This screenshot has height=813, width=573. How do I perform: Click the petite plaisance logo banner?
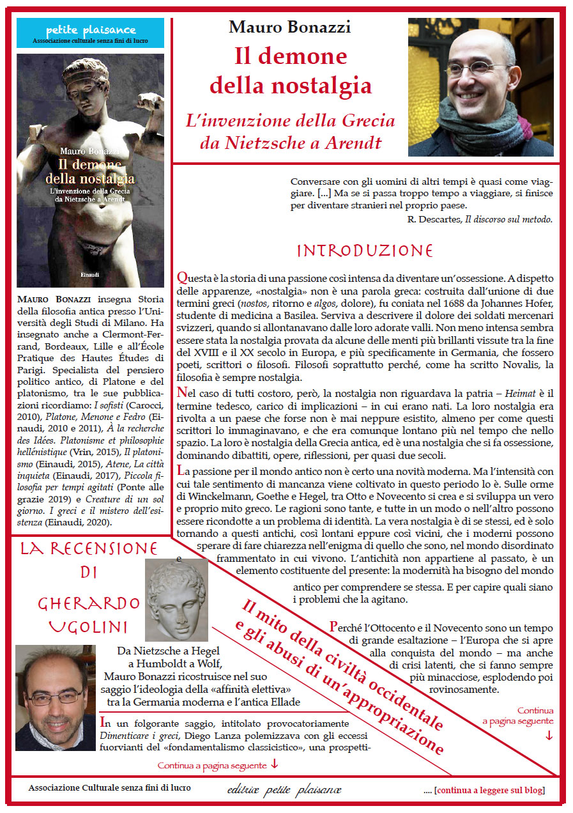[90, 33]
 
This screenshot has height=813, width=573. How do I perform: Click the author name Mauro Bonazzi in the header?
[290, 27]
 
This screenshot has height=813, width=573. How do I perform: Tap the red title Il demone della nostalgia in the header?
[291, 70]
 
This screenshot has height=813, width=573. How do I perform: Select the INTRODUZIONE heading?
[365, 250]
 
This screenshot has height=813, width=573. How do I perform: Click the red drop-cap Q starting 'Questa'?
[181, 278]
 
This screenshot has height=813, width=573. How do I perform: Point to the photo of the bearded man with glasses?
[55, 697]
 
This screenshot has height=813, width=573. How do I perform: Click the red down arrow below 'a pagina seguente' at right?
[549, 735]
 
